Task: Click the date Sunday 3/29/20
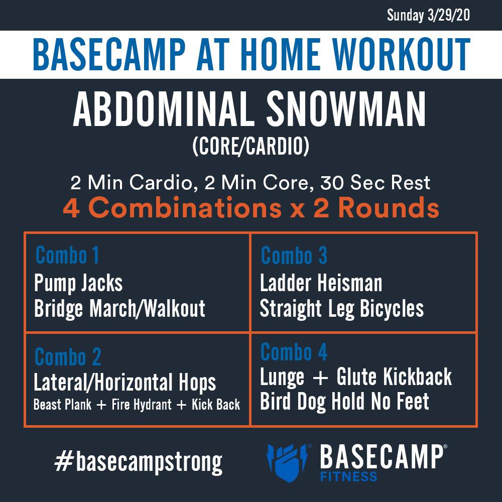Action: [428, 15]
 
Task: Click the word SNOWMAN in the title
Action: [346, 109]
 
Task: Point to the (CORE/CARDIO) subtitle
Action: [251, 147]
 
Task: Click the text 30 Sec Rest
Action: [375, 183]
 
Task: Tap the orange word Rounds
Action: [389, 208]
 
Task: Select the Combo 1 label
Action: [67, 255]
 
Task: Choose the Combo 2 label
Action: [68, 356]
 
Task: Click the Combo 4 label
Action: [294, 351]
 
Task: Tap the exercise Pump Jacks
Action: [78, 284]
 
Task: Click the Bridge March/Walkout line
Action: [120, 309]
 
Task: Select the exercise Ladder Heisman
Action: [321, 283]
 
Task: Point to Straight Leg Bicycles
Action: [342, 309]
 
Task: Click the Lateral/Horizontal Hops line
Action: [125, 383]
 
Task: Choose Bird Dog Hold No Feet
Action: [344, 402]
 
